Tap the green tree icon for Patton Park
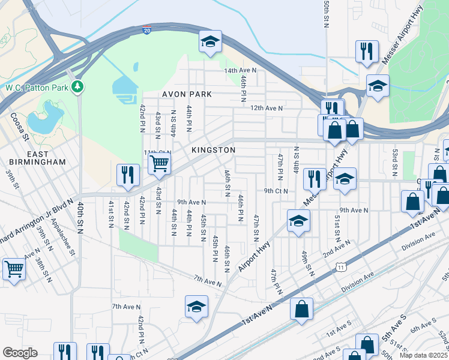[x=77, y=88]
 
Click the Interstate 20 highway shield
[x=148, y=29]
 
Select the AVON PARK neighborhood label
[x=187, y=94]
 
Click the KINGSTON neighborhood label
[x=213, y=149]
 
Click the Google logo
[x=20, y=352]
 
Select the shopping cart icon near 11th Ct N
[x=159, y=163]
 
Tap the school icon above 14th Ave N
[x=210, y=42]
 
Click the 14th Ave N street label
[x=240, y=70]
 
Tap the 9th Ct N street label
[x=276, y=191]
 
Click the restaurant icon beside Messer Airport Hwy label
[x=366, y=52]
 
